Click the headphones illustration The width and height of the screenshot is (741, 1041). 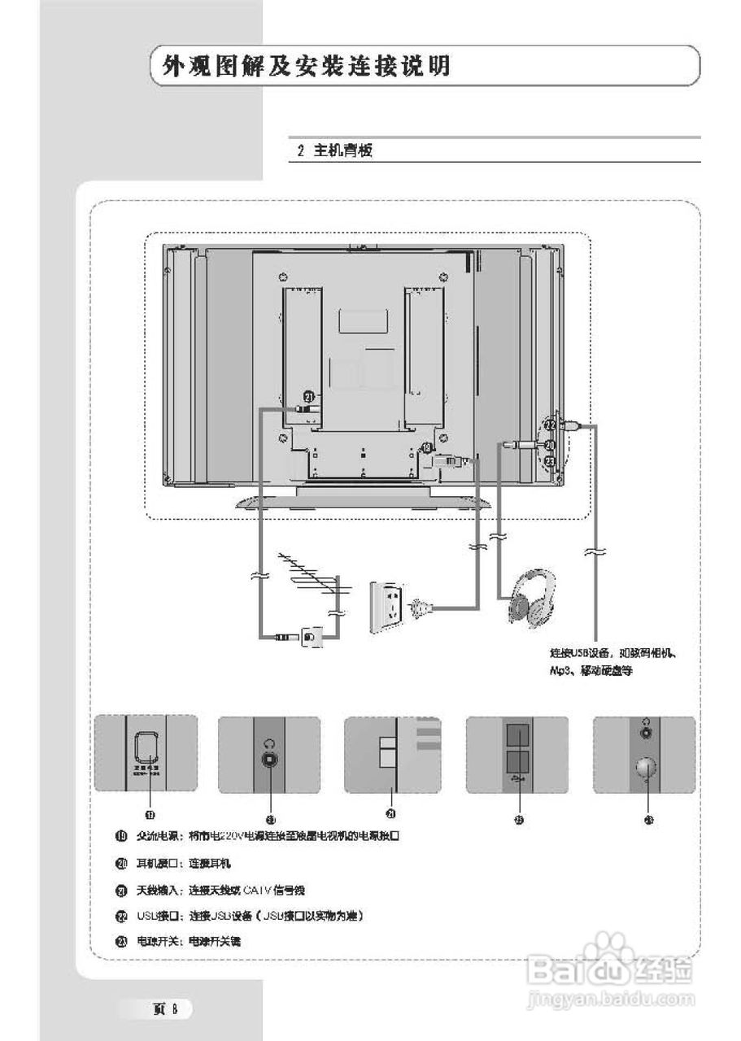[533, 597]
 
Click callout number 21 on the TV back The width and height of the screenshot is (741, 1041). [308, 396]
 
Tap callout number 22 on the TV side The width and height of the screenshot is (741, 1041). [550, 425]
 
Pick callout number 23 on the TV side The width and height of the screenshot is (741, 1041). [550, 461]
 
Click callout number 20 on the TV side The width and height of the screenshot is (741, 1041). [550, 445]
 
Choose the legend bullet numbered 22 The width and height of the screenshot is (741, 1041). [121, 916]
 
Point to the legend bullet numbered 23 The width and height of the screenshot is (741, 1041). [121, 941]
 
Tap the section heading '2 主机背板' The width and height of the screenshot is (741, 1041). [334, 150]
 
